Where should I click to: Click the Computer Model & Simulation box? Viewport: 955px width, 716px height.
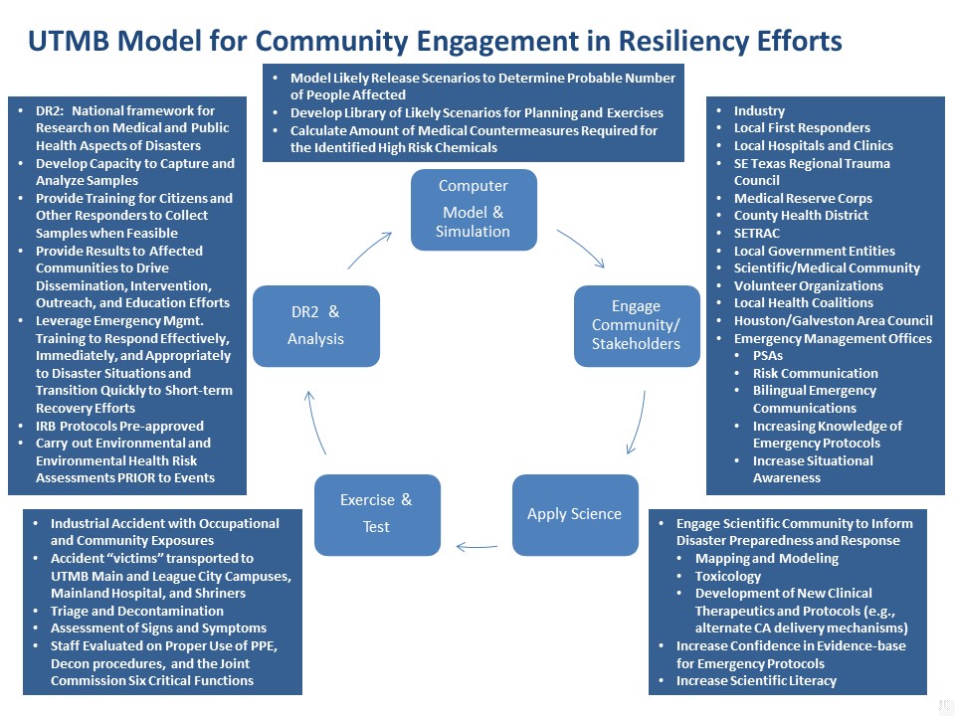point(474,209)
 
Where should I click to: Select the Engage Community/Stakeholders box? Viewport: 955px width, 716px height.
point(636,325)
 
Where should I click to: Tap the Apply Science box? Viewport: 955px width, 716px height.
point(574,514)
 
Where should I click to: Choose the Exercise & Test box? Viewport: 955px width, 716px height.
point(376,513)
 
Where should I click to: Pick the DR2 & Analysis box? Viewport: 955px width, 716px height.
point(315,325)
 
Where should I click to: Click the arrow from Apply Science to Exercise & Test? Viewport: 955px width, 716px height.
point(477,545)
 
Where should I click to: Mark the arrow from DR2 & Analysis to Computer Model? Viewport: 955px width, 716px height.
point(369,249)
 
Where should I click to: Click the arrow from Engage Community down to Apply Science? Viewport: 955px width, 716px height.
point(638,423)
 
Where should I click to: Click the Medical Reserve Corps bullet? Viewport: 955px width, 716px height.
point(803,198)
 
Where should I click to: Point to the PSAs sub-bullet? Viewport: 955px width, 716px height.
point(769,355)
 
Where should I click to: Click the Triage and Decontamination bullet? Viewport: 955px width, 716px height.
point(137,611)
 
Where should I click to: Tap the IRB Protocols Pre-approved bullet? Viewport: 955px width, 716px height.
point(119,426)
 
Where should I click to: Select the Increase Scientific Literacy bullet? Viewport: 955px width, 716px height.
point(756,681)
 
